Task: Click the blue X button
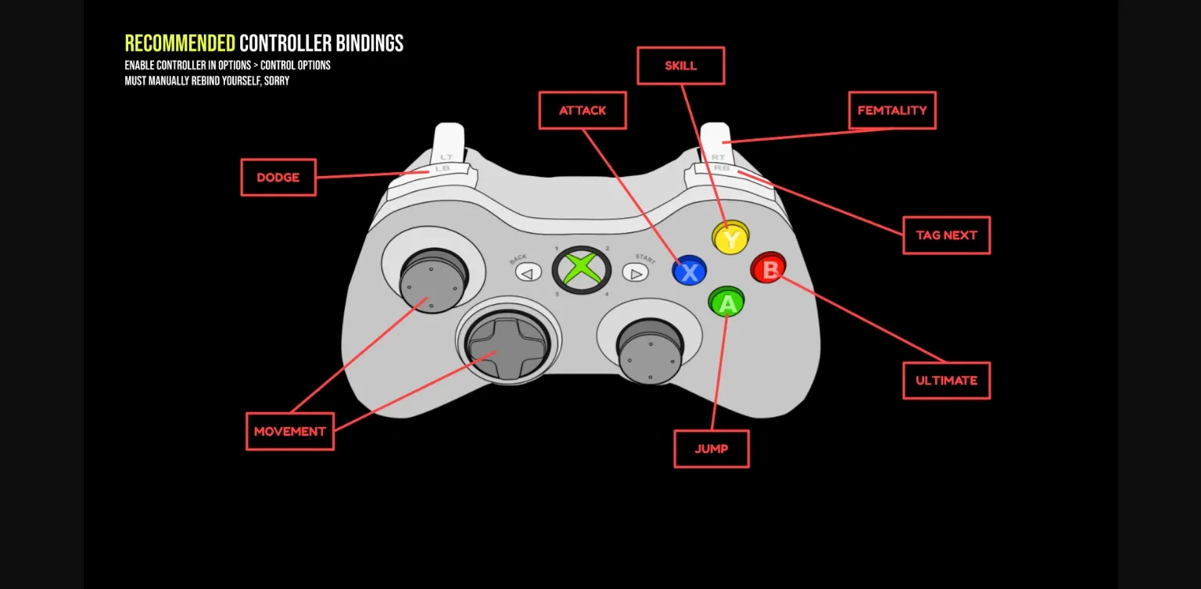coord(689,271)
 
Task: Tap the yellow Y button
coord(730,237)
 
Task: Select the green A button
coord(726,302)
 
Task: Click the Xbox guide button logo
coord(581,269)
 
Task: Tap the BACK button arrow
coord(528,273)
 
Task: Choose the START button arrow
coord(636,273)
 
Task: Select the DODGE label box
coord(278,178)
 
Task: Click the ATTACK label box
coord(583,110)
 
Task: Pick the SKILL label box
coord(680,66)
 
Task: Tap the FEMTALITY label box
coord(891,110)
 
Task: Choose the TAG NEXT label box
coord(946,235)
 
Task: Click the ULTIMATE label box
coord(946,380)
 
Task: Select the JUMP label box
coord(712,449)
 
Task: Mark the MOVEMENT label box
coord(290,431)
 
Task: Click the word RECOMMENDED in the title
coord(180,43)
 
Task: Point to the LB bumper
coord(443,168)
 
